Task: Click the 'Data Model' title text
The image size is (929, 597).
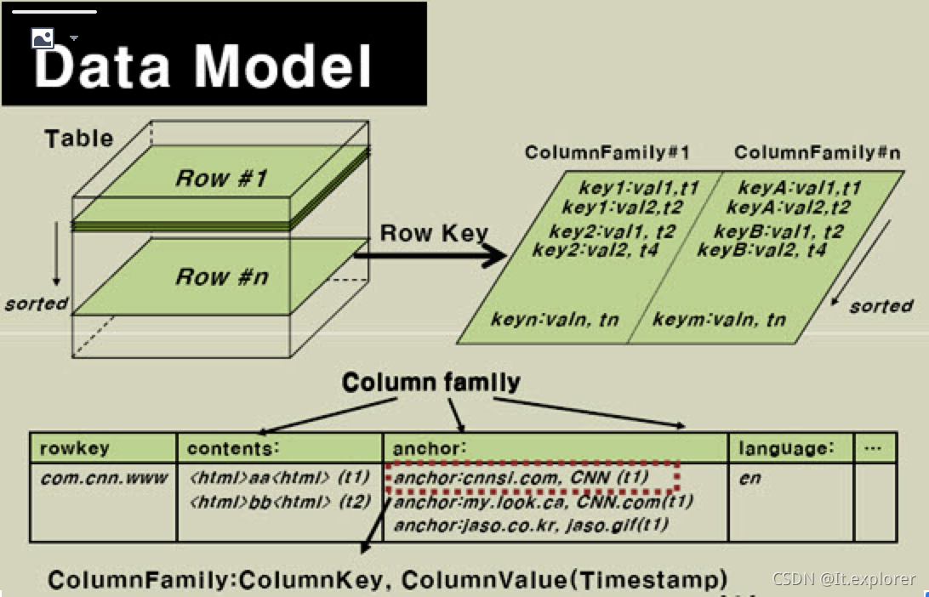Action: pos(203,65)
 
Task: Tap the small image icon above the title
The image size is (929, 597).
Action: pos(43,37)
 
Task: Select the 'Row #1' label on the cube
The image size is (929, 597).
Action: pos(221,179)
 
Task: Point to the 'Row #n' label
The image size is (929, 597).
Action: pos(221,276)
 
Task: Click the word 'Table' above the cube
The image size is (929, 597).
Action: pos(78,138)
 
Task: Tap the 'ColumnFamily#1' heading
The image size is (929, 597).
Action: pos(607,153)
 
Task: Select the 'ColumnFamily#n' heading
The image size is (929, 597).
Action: pos(817,153)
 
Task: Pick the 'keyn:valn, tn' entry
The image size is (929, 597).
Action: pos(555,320)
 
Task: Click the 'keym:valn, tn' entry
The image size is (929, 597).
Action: pos(719,320)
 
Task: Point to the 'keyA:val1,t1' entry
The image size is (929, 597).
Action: pos(799,188)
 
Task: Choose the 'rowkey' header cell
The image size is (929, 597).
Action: pos(76,448)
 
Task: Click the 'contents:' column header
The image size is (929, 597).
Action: pos(233,448)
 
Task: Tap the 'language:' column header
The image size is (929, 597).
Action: pos(786,448)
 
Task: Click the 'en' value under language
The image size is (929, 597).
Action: pos(749,478)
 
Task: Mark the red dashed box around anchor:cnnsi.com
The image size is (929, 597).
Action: pos(532,477)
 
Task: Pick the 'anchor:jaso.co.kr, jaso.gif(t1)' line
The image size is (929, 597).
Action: pos(531,526)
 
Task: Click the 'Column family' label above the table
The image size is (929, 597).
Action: pos(430,383)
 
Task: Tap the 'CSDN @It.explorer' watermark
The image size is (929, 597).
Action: pos(844,579)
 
